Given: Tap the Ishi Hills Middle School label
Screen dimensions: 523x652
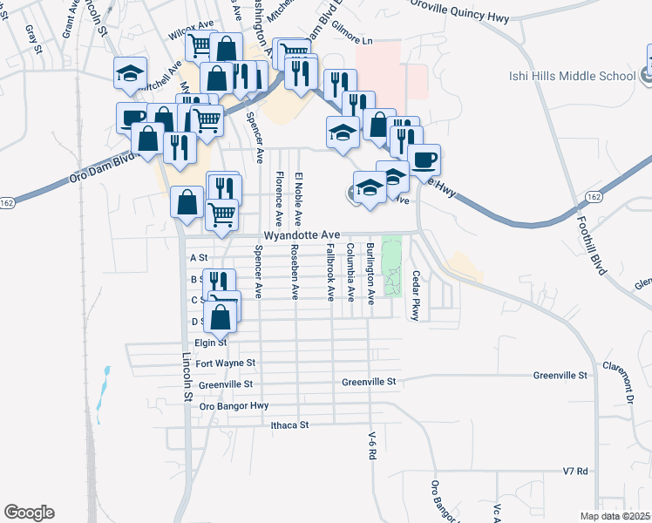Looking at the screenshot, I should pos(572,76).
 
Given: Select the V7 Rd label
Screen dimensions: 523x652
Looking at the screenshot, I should pos(576,471).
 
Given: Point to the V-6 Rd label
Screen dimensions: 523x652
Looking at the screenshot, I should pos(371,445).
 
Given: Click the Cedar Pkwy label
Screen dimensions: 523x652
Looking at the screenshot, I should pos(416,299).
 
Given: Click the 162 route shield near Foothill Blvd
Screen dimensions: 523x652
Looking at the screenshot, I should pos(594,198).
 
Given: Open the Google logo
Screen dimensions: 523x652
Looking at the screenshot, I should pos(29,513).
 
